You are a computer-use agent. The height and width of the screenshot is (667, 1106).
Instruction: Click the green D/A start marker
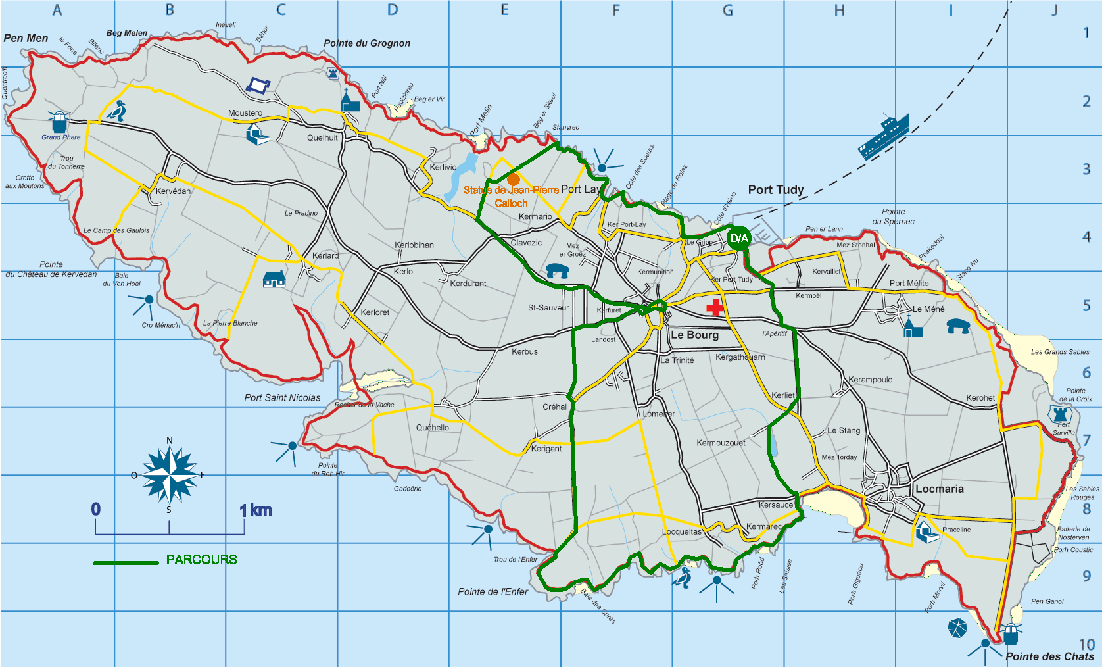739,238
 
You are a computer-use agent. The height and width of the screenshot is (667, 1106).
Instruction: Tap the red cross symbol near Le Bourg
715,307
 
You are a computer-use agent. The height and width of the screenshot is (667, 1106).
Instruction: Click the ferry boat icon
884,137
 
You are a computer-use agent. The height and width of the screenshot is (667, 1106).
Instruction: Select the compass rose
170,474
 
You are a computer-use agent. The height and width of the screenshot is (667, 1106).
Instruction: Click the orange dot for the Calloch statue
514,179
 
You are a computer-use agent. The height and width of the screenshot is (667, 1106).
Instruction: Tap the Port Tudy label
776,190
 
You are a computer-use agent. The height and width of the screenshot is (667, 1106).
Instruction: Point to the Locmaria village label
939,489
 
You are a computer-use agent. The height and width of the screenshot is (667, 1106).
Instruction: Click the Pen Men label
26,38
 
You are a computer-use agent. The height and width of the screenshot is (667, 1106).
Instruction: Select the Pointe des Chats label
1049,656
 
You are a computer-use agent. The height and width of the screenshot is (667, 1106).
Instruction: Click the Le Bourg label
694,335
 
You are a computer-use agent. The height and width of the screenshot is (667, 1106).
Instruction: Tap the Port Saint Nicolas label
282,398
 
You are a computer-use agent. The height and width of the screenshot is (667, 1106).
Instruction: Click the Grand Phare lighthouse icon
60,122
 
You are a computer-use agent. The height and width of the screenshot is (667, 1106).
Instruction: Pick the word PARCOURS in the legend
201,560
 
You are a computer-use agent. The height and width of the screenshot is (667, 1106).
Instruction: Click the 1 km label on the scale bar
256,510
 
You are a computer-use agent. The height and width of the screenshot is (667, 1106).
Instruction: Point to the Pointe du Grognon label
367,43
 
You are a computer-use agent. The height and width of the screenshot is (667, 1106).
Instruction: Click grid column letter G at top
728,10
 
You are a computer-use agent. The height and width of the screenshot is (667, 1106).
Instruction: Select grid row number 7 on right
1086,440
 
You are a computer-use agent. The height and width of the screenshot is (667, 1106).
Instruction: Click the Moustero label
245,113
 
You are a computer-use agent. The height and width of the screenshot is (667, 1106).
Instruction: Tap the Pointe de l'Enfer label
493,592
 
